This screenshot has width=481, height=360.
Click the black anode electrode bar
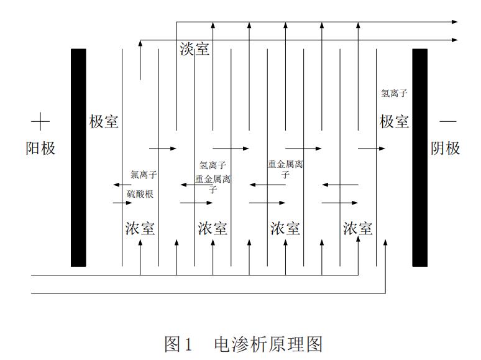coord(78,157)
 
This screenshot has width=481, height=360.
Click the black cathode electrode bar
coord(420,157)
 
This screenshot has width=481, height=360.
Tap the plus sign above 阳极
coord(40,121)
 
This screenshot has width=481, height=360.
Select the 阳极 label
coord(40,149)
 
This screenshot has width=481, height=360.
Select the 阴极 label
coord(446,149)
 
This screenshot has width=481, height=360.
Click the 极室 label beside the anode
coord(104,122)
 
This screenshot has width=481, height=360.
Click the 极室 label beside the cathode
coord(395,122)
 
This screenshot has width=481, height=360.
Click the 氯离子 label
coord(144,175)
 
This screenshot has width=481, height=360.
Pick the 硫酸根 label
coord(140,194)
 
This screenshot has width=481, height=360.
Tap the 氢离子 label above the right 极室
coord(394,94)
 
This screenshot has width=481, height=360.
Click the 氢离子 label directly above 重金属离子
coord(213,165)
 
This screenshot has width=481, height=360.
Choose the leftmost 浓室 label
coord(140,228)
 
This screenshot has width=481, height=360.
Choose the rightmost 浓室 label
coord(358,228)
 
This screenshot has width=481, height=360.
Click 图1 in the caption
coord(180,343)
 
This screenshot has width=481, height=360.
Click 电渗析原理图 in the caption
coord(268,343)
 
